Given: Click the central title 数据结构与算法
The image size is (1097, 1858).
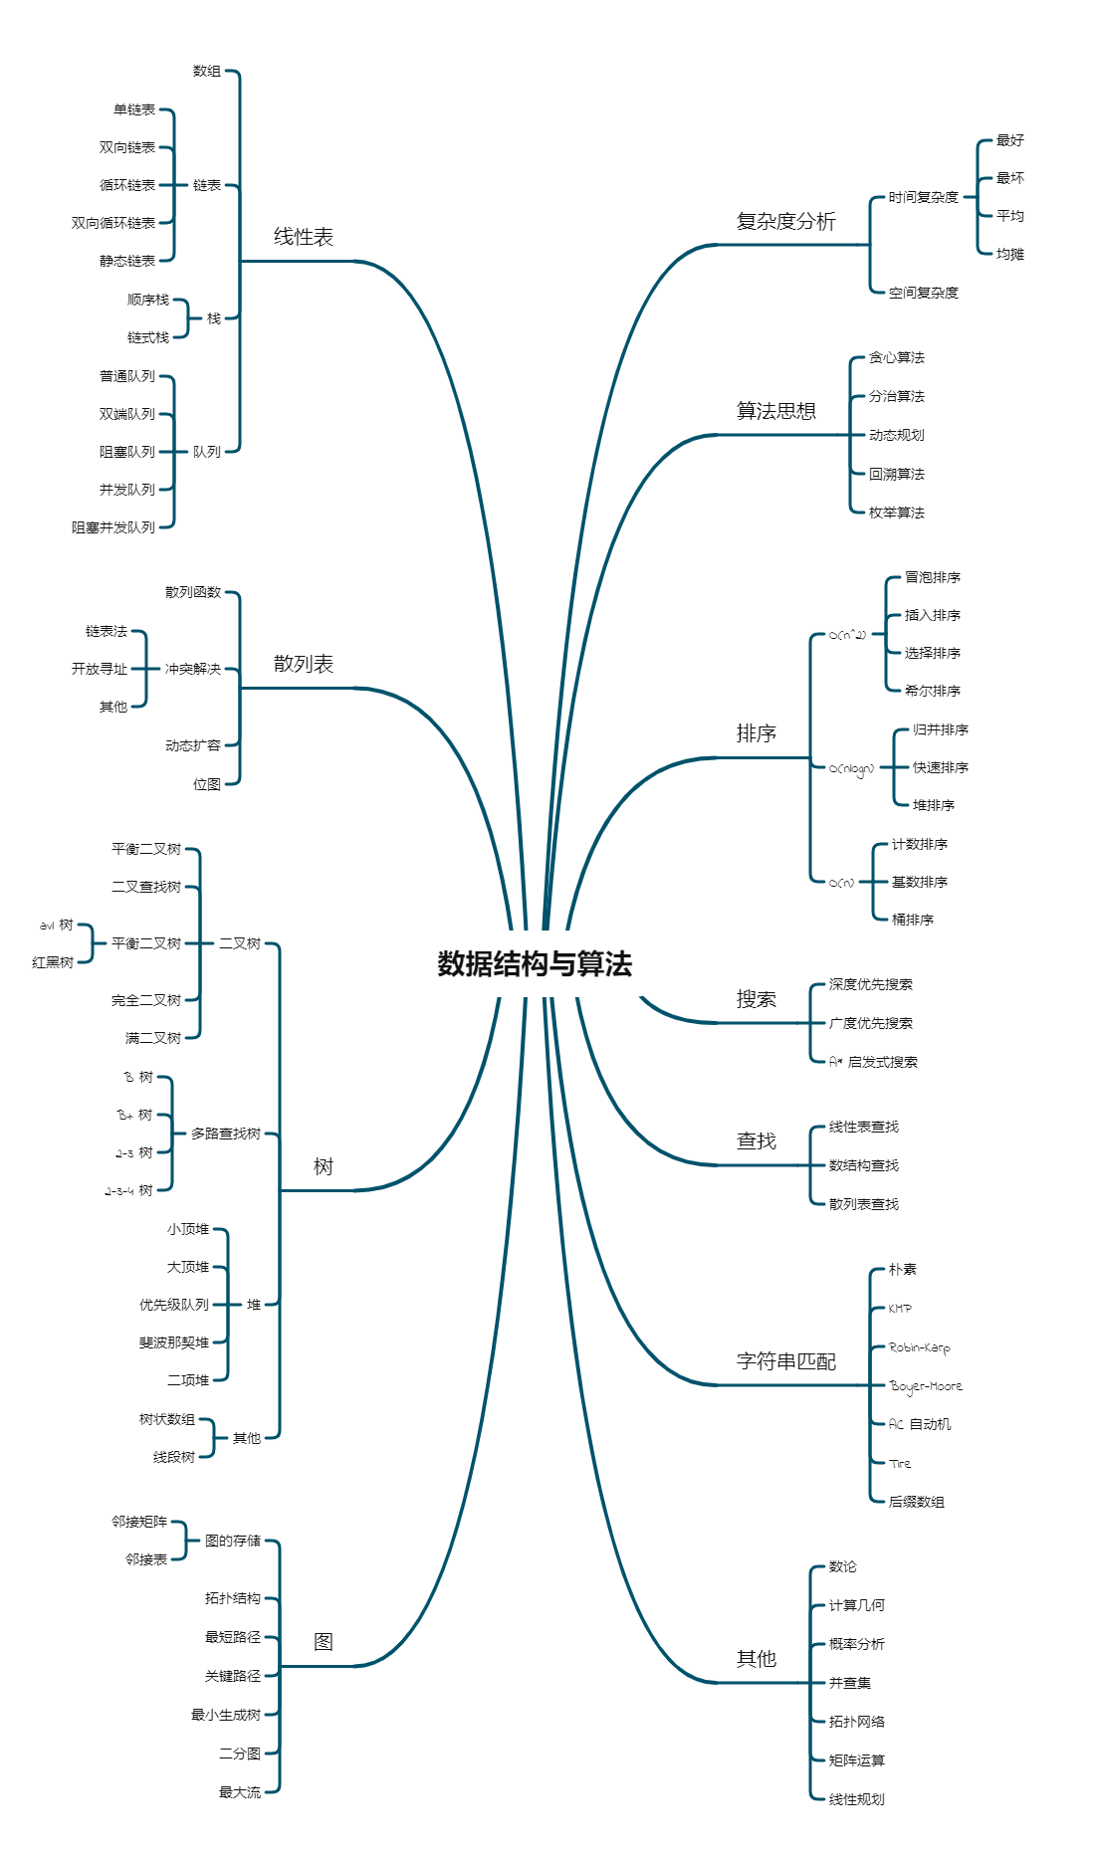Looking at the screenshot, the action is click(535, 963).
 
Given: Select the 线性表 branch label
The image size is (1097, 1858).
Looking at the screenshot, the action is click(304, 237).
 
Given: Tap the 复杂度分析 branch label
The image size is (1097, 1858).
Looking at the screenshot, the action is click(785, 221).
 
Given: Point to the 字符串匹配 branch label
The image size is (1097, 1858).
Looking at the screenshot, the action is click(785, 1360).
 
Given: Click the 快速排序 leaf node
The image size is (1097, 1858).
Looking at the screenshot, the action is click(940, 767).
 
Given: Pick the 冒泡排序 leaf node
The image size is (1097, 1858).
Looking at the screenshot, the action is click(932, 577).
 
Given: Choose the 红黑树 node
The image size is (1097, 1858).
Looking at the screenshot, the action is click(53, 962).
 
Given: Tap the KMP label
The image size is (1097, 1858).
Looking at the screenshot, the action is click(900, 1309).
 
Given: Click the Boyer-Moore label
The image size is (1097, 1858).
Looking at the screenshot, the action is click(926, 1386).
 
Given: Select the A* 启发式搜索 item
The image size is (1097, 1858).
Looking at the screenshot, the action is click(873, 1062).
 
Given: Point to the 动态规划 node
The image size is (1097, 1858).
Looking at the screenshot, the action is click(896, 435).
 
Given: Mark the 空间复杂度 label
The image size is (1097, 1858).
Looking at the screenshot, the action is click(923, 293).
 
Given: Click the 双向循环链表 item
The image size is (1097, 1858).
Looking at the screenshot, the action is click(113, 223).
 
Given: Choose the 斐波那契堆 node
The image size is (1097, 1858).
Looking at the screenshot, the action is click(174, 1342).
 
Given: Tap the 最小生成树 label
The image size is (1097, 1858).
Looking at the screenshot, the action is click(226, 1715).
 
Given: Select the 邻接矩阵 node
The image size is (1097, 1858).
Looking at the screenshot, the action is click(139, 1522).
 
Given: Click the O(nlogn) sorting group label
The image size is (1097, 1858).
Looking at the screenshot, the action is click(851, 768).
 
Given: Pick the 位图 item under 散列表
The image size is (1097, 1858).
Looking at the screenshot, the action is click(207, 784).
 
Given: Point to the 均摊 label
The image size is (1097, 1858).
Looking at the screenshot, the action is click(1009, 254).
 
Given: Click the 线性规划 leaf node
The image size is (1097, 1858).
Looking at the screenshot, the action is click(856, 1799).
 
